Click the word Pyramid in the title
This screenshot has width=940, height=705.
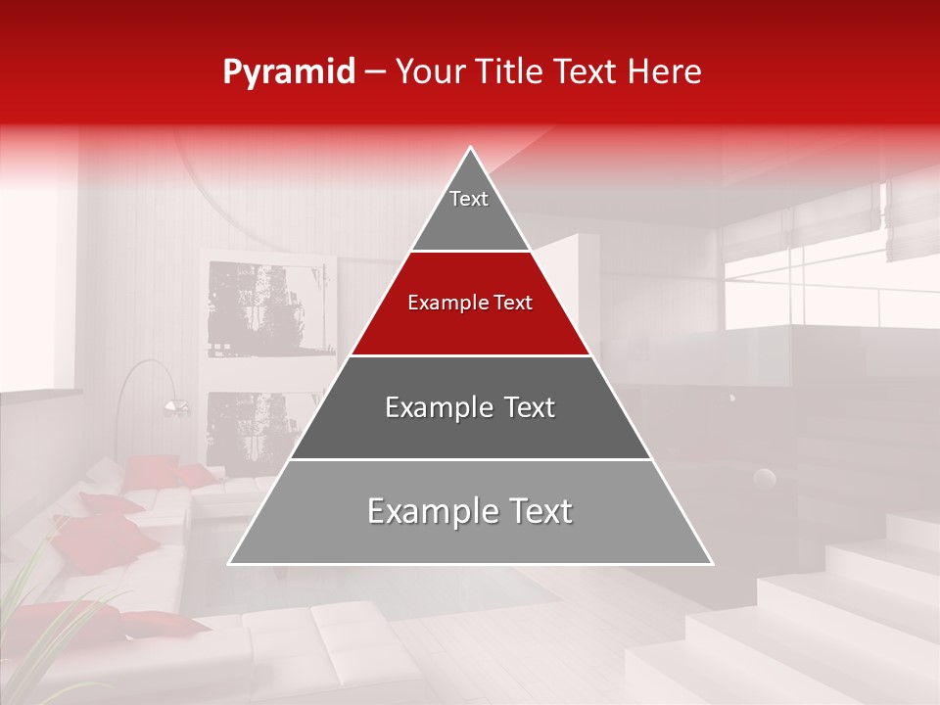(289, 72)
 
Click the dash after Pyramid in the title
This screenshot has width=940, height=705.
(375, 72)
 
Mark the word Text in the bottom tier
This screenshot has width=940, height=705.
(533, 511)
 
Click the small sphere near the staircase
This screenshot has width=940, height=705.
(764, 479)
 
